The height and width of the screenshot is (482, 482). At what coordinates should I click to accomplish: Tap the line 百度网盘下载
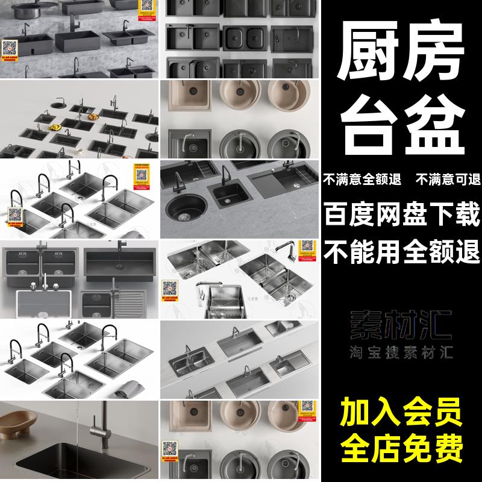[x=402, y=214]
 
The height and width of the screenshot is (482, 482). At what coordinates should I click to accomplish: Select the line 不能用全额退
[x=402, y=248]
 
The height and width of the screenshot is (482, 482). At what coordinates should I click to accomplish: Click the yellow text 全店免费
[x=402, y=448]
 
